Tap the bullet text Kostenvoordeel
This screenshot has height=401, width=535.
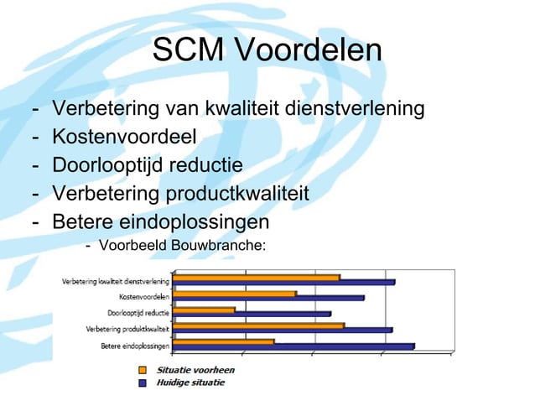124,137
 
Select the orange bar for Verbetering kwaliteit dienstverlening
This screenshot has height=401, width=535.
257,277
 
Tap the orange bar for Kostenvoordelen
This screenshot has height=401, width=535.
234,293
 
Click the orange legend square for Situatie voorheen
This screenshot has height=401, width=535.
143,370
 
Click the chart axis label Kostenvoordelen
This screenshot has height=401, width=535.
144,297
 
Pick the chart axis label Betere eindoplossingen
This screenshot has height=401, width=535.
136,346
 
